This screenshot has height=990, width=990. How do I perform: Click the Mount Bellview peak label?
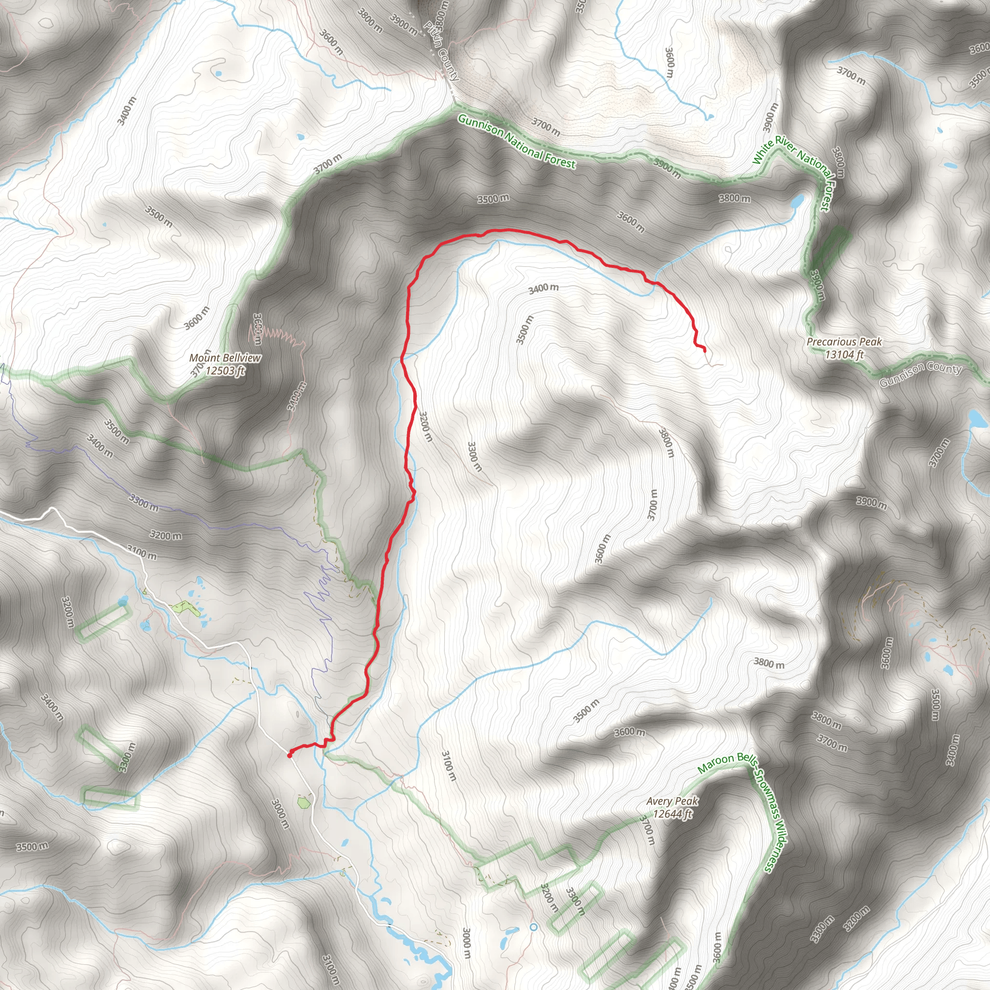pos(225,358)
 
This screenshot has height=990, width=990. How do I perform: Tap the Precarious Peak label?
pos(844,341)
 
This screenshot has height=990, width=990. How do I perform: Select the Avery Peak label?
pos(672,801)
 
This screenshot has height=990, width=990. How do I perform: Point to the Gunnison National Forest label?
pos(517,142)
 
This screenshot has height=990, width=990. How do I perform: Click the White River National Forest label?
pos(791,173)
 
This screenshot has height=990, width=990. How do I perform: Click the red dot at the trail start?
pos(290,755)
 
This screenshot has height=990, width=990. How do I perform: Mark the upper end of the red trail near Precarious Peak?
pos(705,350)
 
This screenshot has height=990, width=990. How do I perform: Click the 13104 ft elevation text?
pos(844,354)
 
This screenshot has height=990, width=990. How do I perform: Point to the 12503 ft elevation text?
pos(225,370)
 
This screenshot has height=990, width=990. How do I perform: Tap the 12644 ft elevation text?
pos(672,813)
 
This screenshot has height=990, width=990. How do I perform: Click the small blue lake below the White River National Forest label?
pos(797,202)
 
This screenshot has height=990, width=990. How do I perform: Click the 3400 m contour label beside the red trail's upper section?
pos(543,289)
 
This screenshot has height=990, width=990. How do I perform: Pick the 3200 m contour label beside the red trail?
pos(426,426)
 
